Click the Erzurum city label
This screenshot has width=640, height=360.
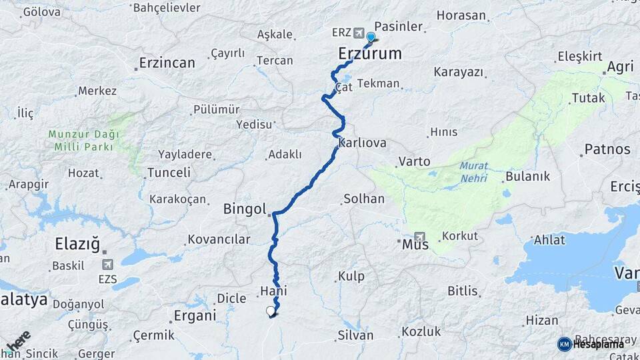pyautogui.click(x=370, y=53)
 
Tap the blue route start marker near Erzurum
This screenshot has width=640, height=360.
pyautogui.click(x=371, y=37)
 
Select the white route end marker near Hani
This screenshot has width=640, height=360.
pyautogui.click(x=270, y=311)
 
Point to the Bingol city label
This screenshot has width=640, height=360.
pyautogui.click(x=246, y=209)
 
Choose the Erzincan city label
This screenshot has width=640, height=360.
pyautogui.click(x=167, y=63)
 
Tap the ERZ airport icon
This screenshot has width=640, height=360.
pyautogui.click(x=359, y=33)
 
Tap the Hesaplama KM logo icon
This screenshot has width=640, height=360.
pyautogui.click(x=564, y=344)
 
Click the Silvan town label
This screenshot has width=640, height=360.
pyautogui.click(x=356, y=335)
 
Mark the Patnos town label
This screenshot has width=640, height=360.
pyautogui.click(x=607, y=149)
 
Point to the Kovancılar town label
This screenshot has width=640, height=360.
pyautogui.click(x=219, y=239)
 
